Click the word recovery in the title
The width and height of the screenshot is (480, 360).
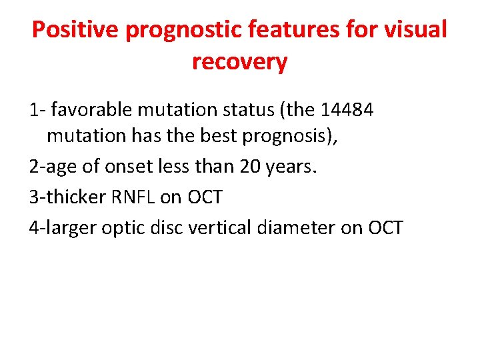[x=239, y=62]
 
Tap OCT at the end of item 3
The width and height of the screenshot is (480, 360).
[x=204, y=197]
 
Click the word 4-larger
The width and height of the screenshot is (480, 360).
[x=63, y=227]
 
